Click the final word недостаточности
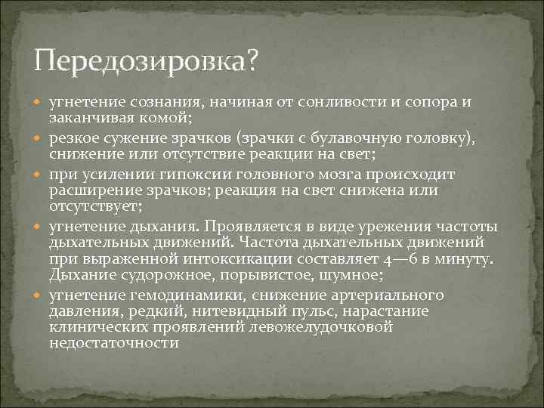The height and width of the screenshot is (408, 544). pyautogui.click(x=113, y=342)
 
